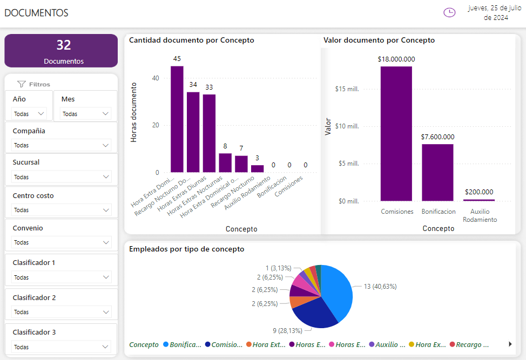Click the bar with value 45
coord(177,119)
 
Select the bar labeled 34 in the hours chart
coord(193,132)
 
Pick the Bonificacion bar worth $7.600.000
coord(437,172)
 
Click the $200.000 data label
coord(478,192)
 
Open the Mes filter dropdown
coord(86,114)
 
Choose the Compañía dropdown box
coord(62,145)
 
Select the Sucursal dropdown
coord(62,177)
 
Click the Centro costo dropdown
coord(62,210)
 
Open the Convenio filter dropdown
coord(62,242)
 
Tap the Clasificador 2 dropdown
coord(62,312)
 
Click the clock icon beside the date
coord(449,12)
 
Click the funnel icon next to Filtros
coord(22,84)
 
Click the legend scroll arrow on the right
coord(510,344)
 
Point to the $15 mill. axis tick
coord(347,89)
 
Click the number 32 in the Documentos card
coord(64,45)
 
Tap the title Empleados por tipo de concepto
coord(186,249)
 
